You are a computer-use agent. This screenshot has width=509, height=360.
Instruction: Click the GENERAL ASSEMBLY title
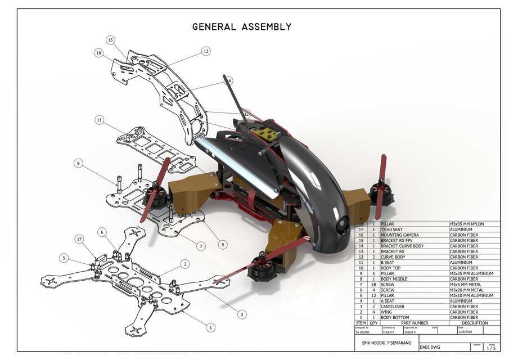(242, 26)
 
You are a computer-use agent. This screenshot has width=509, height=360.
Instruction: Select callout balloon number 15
(110, 40)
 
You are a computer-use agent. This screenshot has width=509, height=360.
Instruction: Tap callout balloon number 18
(99, 53)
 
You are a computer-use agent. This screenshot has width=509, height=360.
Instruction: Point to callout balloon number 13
(206, 51)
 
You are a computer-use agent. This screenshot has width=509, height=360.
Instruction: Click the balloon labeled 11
(100, 120)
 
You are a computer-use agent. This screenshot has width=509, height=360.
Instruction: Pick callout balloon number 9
(78, 163)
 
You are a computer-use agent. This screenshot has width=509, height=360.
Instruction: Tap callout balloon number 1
(210, 327)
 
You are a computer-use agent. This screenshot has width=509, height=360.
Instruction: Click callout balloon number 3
(184, 263)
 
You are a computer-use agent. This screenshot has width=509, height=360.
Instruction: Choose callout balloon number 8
(223, 245)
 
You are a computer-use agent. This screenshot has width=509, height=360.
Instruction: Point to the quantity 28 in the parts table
(373, 285)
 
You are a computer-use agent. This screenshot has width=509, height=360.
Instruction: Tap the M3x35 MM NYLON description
(467, 224)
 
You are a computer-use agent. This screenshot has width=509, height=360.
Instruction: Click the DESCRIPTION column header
(475, 323)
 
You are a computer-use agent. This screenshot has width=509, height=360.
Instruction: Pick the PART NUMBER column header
(415, 323)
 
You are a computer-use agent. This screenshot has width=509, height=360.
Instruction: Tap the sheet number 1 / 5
(491, 349)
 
